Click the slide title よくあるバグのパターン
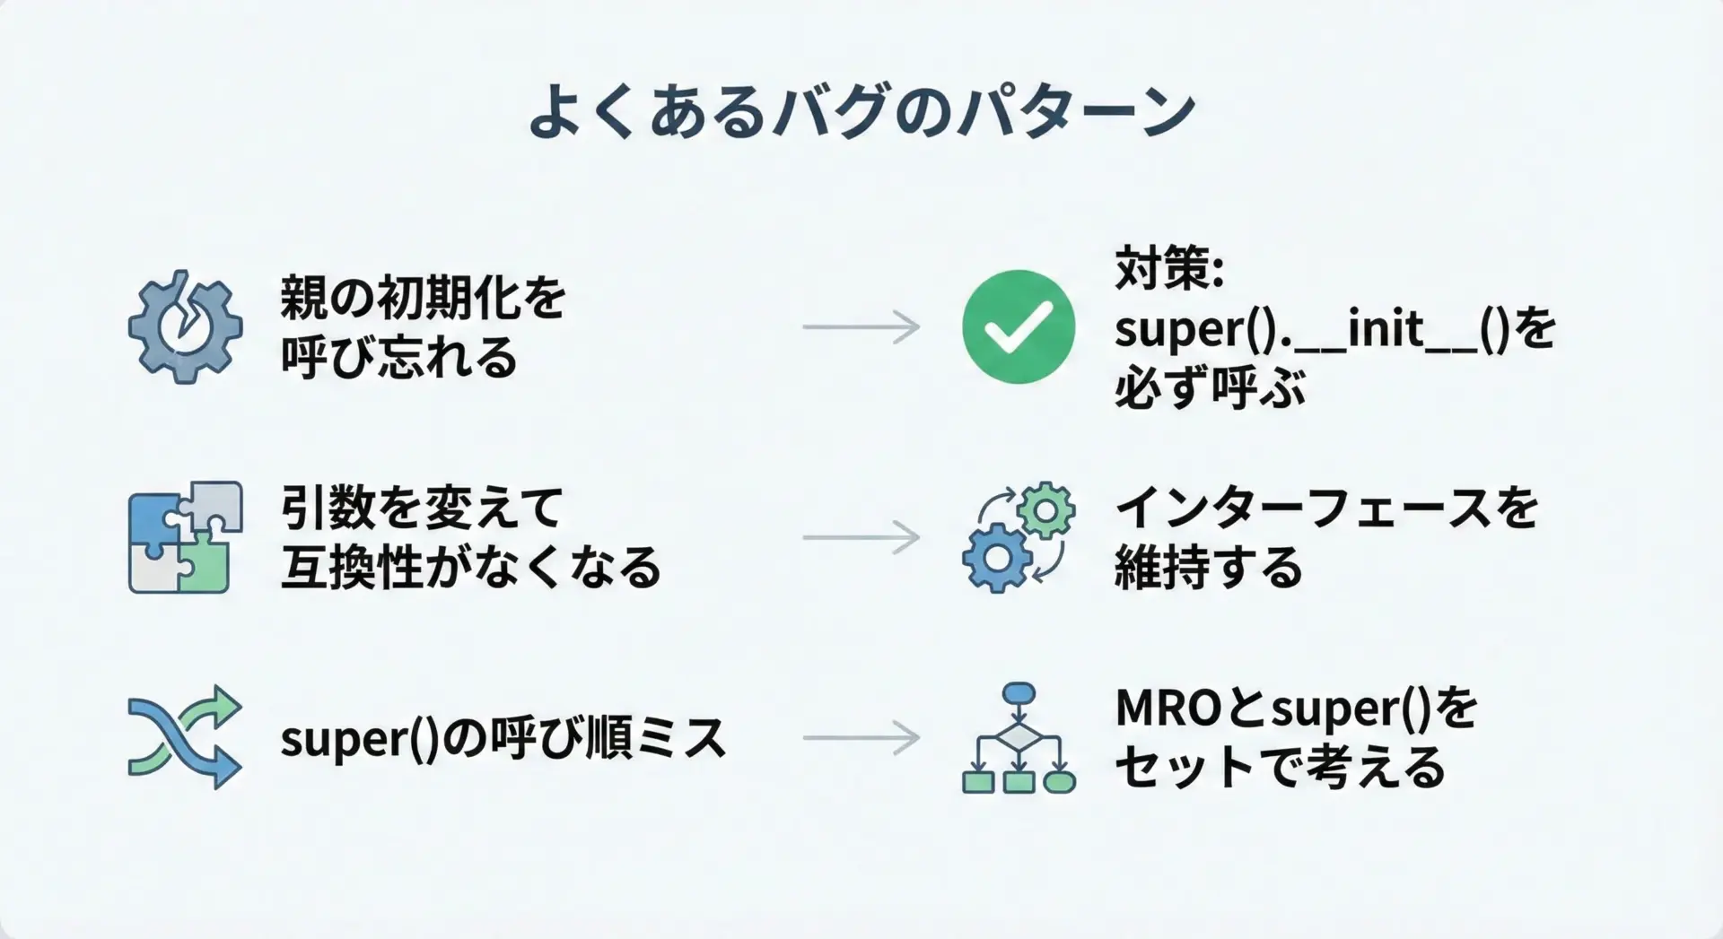pyautogui.click(x=861, y=112)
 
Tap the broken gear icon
pyautogui.click(x=185, y=326)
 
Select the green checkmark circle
pyautogui.click(x=1019, y=326)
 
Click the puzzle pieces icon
pyautogui.click(x=185, y=537)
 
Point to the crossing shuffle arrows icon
pyautogui.click(x=185, y=737)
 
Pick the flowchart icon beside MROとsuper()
pyautogui.click(x=1019, y=738)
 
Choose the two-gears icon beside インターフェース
pyautogui.click(x=1019, y=537)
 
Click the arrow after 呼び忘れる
pyautogui.click(x=861, y=326)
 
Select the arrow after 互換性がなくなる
pyautogui.click(x=861, y=537)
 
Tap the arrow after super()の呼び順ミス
pyautogui.click(x=861, y=738)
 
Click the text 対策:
pyautogui.click(x=1169, y=269)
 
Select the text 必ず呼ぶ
pyautogui.click(x=1210, y=388)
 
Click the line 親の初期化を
pyautogui.click(x=423, y=298)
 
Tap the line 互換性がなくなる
pyautogui.click(x=471, y=568)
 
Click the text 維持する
pyautogui.click(x=1208, y=568)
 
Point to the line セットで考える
pyautogui.click(x=1280, y=768)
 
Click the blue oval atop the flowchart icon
pyautogui.click(x=1019, y=692)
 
